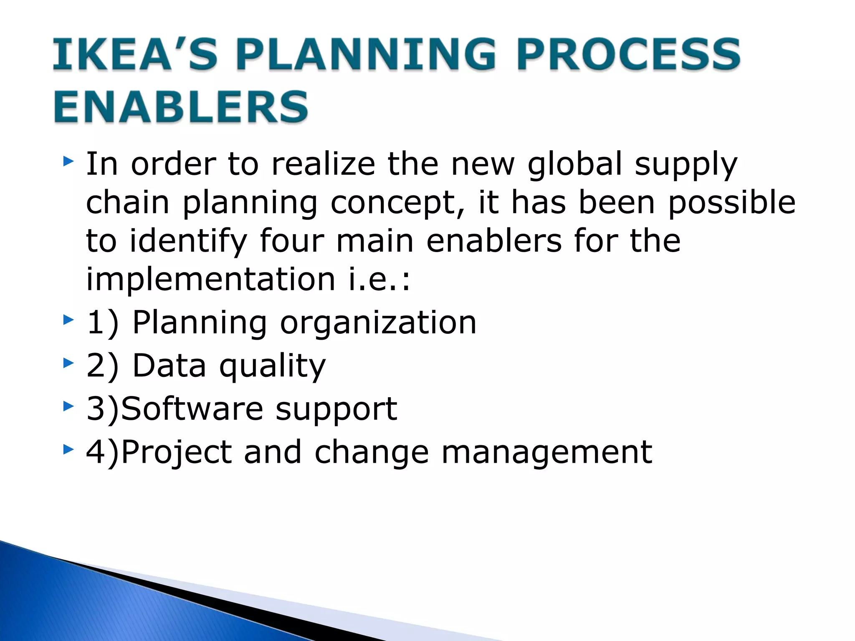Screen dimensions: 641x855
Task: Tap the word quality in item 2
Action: (272, 366)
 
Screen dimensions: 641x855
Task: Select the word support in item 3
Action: (336, 409)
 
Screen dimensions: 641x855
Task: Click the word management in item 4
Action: (546, 452)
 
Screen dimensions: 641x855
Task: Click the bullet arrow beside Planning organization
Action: (68, 320)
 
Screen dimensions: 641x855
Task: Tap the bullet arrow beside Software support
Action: (68, 406)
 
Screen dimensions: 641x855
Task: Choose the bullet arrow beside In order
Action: (68, 161)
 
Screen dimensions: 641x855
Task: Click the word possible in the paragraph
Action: (731, 203)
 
